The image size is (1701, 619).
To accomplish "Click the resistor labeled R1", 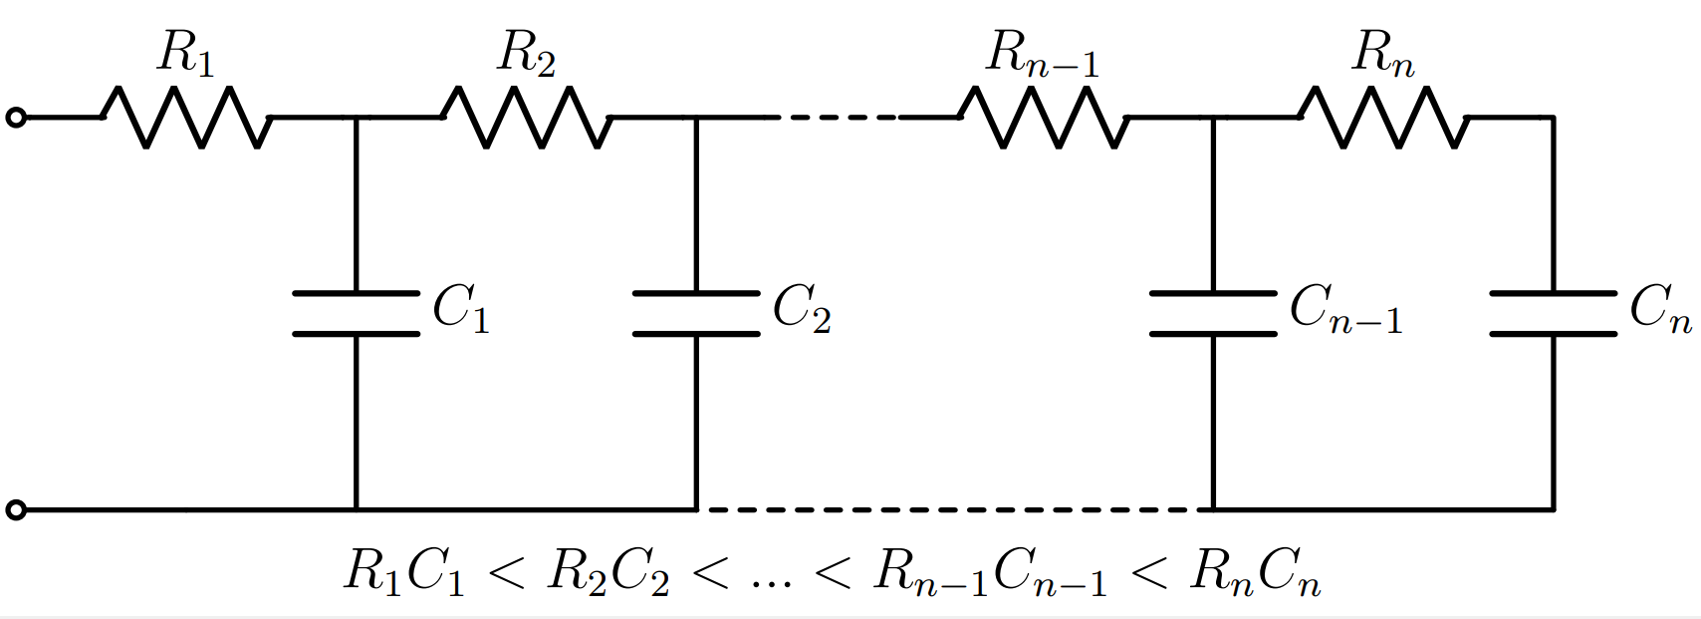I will coord(186,118).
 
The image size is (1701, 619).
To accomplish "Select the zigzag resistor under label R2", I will coord(527,118).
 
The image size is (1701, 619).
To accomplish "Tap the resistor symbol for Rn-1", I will coord(1044,118).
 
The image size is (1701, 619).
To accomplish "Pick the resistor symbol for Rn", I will coord(1383,118).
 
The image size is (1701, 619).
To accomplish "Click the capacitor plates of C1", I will coord(357,313).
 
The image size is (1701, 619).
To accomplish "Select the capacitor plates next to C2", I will coord(696,313).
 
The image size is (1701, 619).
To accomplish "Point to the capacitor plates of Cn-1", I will coord(1213,313).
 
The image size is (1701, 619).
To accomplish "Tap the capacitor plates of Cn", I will coord(1553,313).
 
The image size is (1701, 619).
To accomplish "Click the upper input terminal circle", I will coord(15,118).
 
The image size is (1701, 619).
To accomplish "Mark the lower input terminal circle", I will coord(15,510).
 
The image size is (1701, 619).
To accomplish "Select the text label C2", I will coord(802,308).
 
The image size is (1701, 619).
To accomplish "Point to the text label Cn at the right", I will coord(1660,308).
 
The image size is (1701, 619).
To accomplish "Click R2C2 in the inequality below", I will coord(608,572).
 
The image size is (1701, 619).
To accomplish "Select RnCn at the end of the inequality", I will coord(1255,572).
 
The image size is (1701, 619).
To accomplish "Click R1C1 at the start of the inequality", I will coord(404,572).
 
